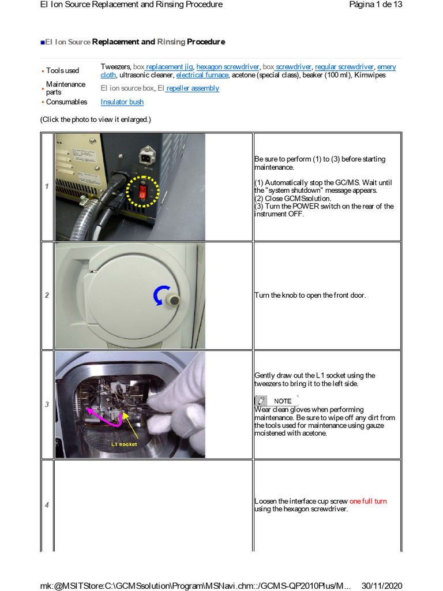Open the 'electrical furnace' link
(x=202, y=75)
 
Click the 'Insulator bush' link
(x=122, y=102)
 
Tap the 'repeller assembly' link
(x=193, y=88)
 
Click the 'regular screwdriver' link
(x=344, y=67)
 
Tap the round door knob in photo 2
(x=172, y=300)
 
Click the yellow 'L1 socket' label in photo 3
(x=125, y=444)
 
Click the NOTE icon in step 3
(x=262, y=401)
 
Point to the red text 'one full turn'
(x=368, y=501)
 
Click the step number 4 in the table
(x=47, y=505)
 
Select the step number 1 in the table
(x=47, y=186)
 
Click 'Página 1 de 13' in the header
(x=376, y=5)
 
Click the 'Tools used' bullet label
(x=62, y=71)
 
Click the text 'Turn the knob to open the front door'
(x=310, y=295)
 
